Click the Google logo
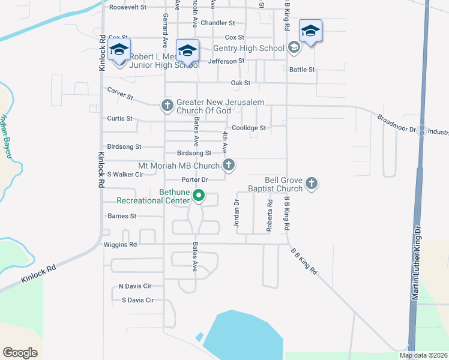click(x=20, y=353)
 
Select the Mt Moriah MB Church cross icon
click(x=228, y=165)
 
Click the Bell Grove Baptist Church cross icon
click(x=311, y=184)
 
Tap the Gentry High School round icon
click(x=294, y=48)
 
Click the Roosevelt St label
click(x=128, y=7)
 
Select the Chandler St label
click(x=218, y=23)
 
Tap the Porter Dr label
click(x=194, y=179)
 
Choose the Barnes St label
click(x=122, y=215)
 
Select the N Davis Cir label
click(x=135, y=286)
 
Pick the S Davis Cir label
click(x=137, y=300)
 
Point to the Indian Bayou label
click(x=7, y=137)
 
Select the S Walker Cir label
click(x=125, y=175)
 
